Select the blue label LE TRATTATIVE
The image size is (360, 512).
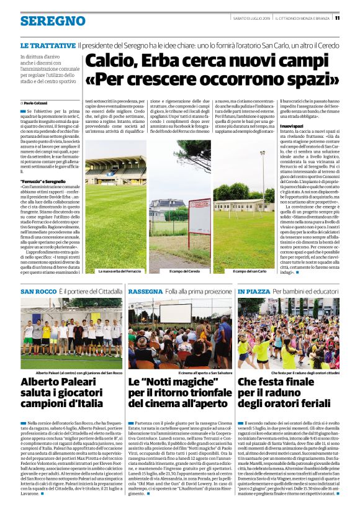coord(48,47)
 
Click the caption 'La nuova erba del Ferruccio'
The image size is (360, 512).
coord(120,271)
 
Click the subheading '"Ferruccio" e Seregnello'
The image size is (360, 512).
coord(43,181)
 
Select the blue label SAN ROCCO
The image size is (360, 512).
coord(38,291)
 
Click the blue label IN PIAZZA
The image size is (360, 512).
coord(253,291)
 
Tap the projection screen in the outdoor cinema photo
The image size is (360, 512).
coord(176,312)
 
